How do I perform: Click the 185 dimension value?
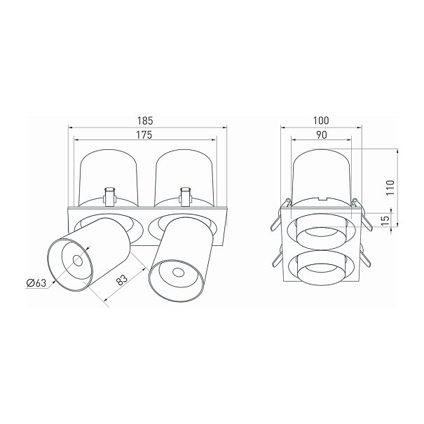[145, 121]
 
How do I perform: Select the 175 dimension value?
[144, 135]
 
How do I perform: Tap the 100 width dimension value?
[321, 121]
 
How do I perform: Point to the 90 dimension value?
[322, 135]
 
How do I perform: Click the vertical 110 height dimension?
[390, 188]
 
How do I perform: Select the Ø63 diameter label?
[36, 283]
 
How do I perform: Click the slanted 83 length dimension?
[122, 280]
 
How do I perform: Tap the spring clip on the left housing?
[109, 197]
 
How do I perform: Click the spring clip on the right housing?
[185, 197]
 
